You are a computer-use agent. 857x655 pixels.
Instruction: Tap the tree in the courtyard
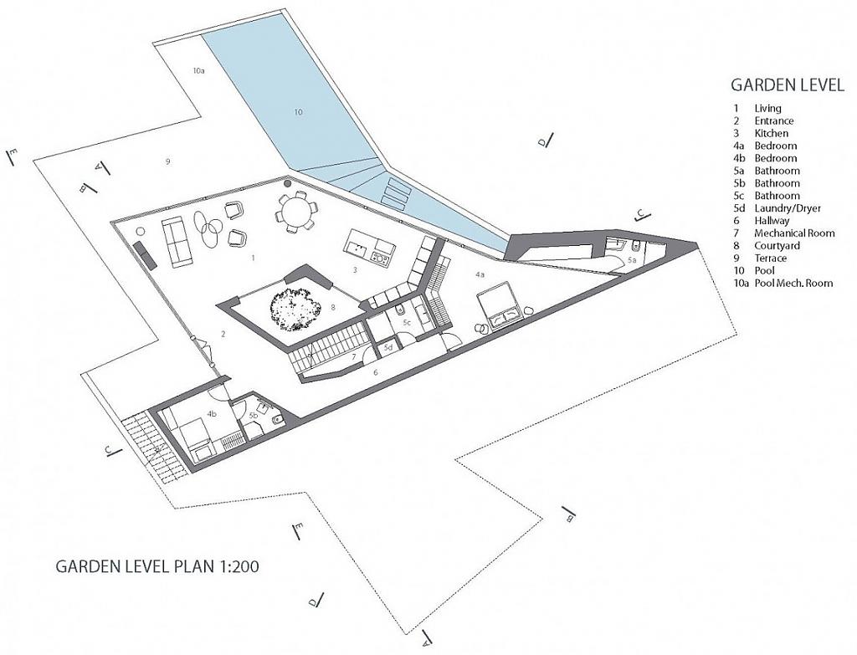pyautogui.click(x=295, y=308)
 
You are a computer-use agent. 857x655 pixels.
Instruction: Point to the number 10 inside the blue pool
pyautogui.click(x=297, y=112)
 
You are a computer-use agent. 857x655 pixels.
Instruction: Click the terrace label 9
pyautogui.click(x=167, y=161)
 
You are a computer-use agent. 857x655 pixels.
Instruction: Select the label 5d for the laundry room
pyautogui.click(x=388, y=347)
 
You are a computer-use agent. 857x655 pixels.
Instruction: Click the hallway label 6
pyautogui.click(x=375, y=372)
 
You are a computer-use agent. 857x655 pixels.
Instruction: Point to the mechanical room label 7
pyautogui.click(x=354, y=356)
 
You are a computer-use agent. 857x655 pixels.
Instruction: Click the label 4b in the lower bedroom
pyautogui.click(x=212, y=414)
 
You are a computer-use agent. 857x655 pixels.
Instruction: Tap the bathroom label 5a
pyautogui.click(x=633, y=261)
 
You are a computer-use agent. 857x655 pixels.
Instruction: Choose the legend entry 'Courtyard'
pyautogui.click(x=777, y=246)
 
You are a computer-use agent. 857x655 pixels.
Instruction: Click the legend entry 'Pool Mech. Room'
pyautogui.click(x=793, y=283)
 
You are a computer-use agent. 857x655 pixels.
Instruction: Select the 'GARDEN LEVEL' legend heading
pyautogui.click(x=788, y=84)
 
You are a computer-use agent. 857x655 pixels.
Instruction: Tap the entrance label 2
pyautogui.click(x=223, y=334)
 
